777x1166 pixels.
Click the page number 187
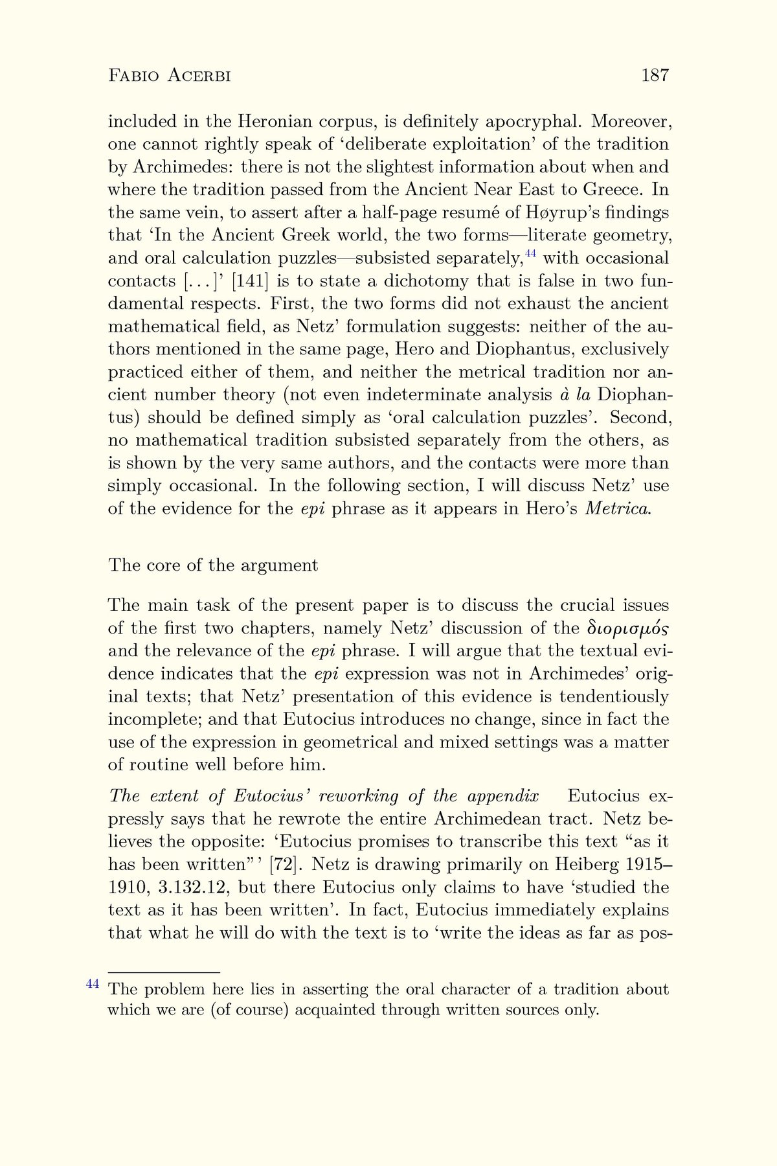(x=655, y=76)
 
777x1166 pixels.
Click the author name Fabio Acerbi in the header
(x=170, y=76)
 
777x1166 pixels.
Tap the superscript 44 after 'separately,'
(x=530, y=253)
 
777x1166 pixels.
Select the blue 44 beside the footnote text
(x=93, y=984)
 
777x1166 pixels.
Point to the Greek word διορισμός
(x=627, y=628)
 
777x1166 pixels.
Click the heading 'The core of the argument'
(x=213, y=565)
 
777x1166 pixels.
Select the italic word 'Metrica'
(x=617, y=509)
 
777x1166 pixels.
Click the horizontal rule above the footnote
(x=164, y=973)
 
